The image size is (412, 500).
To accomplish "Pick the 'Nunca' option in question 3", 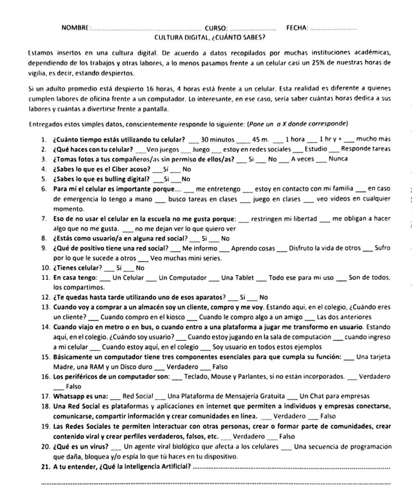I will [338, 159].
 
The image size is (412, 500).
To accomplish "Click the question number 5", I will [44, 179].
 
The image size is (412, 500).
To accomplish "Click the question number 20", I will [45, 446].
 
